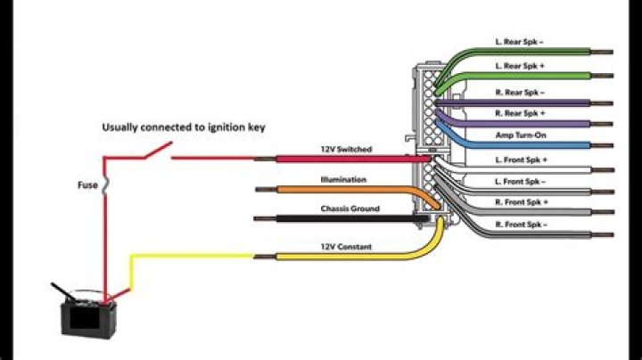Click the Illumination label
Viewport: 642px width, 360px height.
(343, 180)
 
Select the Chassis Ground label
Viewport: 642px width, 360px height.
(350, 209)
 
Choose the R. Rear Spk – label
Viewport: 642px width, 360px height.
(521, 92)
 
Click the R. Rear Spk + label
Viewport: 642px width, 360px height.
(521, 113)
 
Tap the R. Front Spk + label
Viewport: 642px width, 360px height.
(521, 203)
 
